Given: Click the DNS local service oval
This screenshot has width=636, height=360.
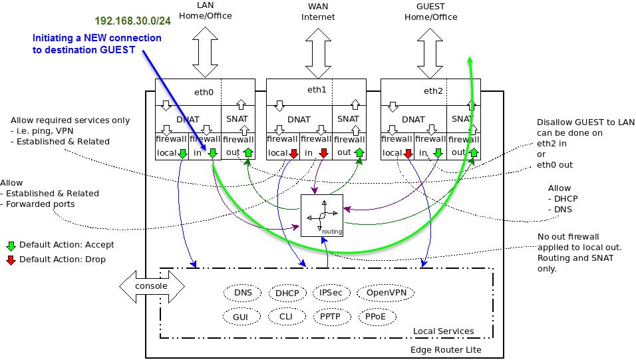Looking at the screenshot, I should (x=243, y=293).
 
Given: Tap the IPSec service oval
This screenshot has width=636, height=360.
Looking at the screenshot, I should (x=330, y=293).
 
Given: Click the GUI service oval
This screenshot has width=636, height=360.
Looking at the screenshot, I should (x=240, y=317).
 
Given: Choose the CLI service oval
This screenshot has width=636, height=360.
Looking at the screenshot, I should (x=285, y=317).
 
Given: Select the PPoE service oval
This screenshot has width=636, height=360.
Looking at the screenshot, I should (x=375, y=317).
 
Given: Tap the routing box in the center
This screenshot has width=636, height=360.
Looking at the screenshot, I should (x=321, y=216).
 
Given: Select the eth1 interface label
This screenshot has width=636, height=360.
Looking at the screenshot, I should (x=316, y=89).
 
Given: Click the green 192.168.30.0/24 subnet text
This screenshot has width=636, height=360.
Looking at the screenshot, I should (x=132, y=21).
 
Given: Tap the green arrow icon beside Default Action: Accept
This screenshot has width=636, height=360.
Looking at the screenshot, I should (x=11, y=245).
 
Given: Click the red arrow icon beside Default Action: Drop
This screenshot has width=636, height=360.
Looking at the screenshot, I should (x=11, y=260).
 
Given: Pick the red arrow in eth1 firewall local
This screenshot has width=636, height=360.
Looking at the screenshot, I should (x=293, y=154).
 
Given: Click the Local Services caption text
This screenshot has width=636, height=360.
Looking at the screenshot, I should (x=443, y=331).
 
